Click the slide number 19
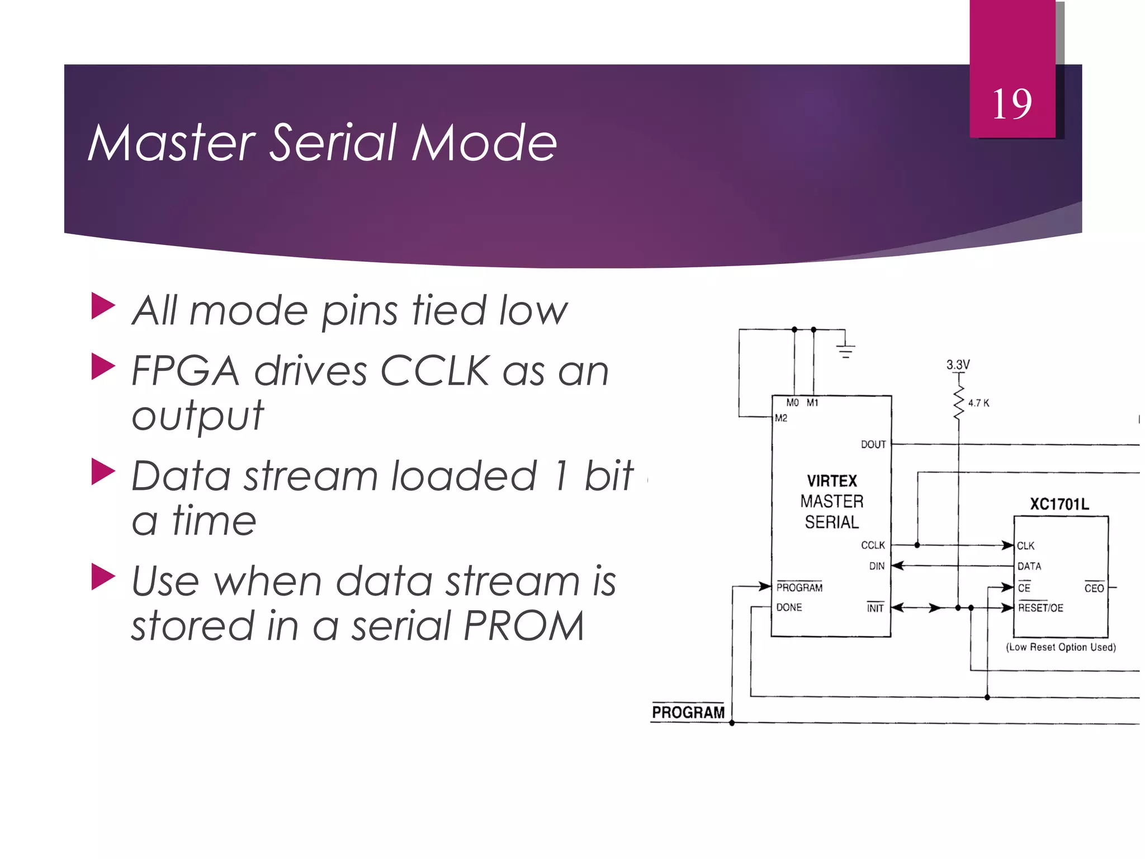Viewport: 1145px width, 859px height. coord(1012,104)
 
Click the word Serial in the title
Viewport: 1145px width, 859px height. coord(334,143)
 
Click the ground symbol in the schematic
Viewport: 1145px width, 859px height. coord(845,351)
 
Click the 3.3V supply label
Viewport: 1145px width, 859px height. coord(958,365)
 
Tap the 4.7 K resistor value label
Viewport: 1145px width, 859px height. coord(978,403)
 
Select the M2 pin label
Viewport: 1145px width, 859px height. coord(781,418)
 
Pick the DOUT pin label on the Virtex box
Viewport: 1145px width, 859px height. coord(873,445)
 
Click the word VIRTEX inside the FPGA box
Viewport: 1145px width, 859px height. coord(832,481)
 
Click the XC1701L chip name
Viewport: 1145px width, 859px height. coord(1059,504)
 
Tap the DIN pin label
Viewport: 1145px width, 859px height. coord(877,566)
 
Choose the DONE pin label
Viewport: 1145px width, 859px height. coord(789,607)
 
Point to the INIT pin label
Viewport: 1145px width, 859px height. coord(876,608)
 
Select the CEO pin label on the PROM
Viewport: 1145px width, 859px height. coord(1094,588)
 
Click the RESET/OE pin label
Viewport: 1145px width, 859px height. coord(1040,608)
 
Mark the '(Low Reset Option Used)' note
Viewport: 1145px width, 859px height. coord(1061,647)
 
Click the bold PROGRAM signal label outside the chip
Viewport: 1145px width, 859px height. coord(688,712)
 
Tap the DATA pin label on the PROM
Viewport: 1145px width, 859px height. coord(1029,567)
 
